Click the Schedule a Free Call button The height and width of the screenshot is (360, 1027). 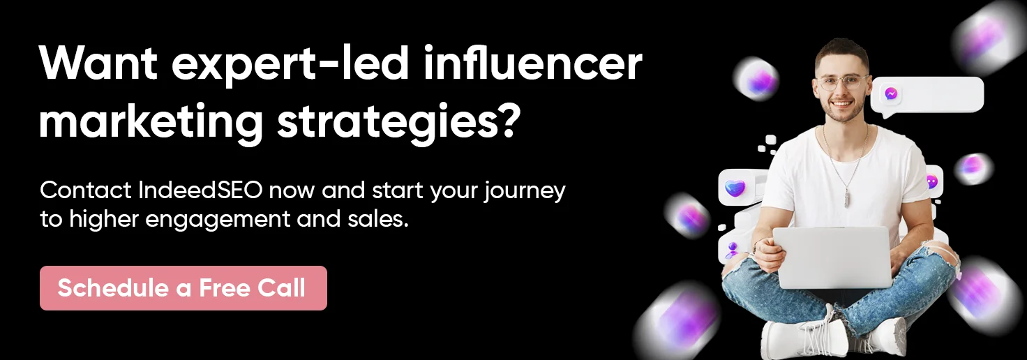pyautogui.click(x=183, y=288)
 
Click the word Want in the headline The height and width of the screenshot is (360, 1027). pyautogui.click(x=98, y=63)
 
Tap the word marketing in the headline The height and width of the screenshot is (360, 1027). pyautogui.click(x=151, y=121)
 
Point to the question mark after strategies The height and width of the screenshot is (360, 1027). pyautogui.click(x=510, y=119)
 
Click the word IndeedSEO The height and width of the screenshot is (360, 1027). pyautogui.click(x=200, y=190)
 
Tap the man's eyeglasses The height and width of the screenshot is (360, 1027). pyautogui.click(x=843, y=82)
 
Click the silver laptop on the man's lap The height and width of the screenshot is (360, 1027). pyautogui.click(x=833, y=257)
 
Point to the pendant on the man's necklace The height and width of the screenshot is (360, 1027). pyautogui.click(x=847, y=199)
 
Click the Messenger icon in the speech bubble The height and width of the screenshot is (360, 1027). pyautogui.click(x=891, y=94)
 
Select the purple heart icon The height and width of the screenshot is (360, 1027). pyautogui.click(x=735, y=188)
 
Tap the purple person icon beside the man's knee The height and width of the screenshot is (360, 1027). pyautogui.click(x=732, y=250)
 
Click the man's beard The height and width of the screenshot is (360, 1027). pyautogui.click(x=844, y=112)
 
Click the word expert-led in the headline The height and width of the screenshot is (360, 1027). pyautogui.click(x=290, y=65)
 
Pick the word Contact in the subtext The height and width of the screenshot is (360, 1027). pyautogui.click(x=85, y=190)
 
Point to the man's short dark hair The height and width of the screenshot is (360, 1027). pyautogui.click(x=842, y=50)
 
